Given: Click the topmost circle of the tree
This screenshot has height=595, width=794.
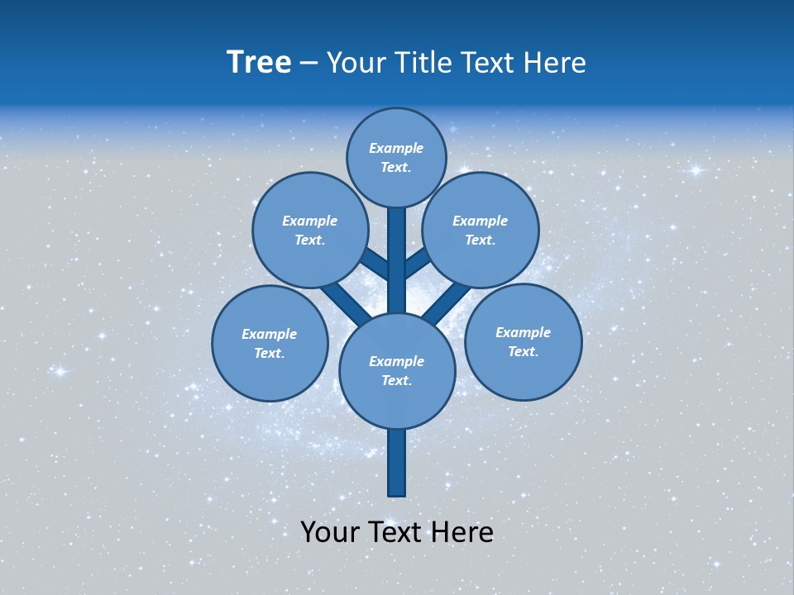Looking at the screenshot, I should coord(396,157).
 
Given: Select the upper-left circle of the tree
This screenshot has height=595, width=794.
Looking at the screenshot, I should coord(310,230).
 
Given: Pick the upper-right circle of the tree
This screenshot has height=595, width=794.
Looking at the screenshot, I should coord(481,230).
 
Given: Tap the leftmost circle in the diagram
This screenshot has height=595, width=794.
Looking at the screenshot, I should coord(270,343).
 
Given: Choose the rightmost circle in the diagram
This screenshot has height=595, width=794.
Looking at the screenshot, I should coord(524,341).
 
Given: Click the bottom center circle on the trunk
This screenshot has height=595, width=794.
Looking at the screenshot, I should coord(397,370).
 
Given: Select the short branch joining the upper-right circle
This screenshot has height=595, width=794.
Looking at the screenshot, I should coord(417,264).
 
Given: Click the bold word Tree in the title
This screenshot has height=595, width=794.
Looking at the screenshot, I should coord(259,62).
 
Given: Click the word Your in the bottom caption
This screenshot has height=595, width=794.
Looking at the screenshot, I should coord(330,531).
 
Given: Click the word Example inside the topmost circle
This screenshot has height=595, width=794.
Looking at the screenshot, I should coord(396,148).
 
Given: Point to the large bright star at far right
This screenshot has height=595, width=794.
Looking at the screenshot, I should coord(696,170).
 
